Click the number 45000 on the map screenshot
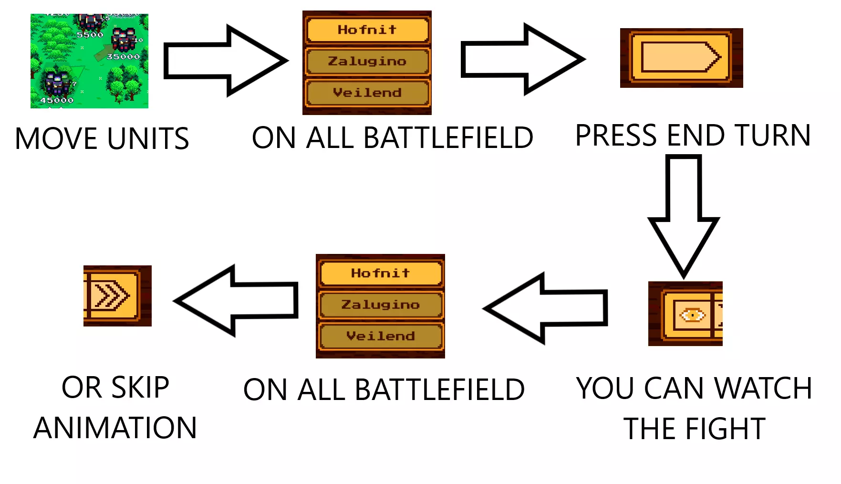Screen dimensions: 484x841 click(x=57, y=100)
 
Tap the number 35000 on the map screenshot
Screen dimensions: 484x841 click(x=124, y=57)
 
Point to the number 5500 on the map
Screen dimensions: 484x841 click(x=90, y=35)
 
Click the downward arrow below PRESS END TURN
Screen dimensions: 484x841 click(x=684, y=215)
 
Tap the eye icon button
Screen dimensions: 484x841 click(x=692, y=315)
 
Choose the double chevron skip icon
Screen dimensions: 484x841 click(x=111, y=295)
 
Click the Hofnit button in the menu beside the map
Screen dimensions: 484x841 click(x=367, y=30)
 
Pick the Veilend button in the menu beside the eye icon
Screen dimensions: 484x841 click(x=380, y=336)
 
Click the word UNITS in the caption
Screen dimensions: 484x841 click(x=148, y=139)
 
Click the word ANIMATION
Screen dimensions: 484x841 click(x=115, y=428)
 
